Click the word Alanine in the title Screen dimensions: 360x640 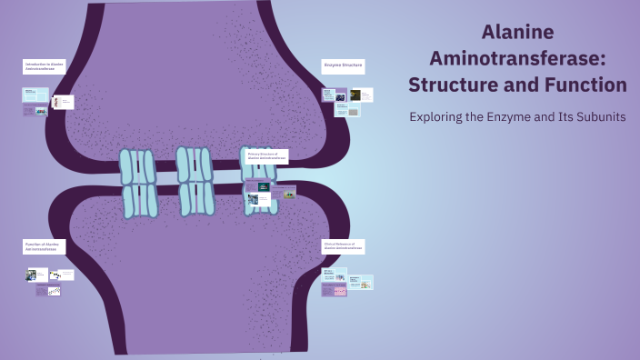(517, 33)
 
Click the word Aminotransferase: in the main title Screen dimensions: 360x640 (517, 58)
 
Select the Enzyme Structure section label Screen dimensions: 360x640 (343, 65)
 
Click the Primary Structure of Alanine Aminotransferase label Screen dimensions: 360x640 (267, 156)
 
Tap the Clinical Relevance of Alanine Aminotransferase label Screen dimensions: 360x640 (344, 246)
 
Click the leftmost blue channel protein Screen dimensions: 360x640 (138, 185)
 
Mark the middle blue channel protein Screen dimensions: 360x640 (195, 181)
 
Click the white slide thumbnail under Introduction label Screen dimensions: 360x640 (63, 103)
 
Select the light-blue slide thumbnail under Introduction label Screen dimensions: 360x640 (35, 95)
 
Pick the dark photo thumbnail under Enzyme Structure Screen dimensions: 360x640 (362, 95)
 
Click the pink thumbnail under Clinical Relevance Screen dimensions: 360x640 (335, 291)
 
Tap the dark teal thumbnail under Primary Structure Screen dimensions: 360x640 (263, 187)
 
